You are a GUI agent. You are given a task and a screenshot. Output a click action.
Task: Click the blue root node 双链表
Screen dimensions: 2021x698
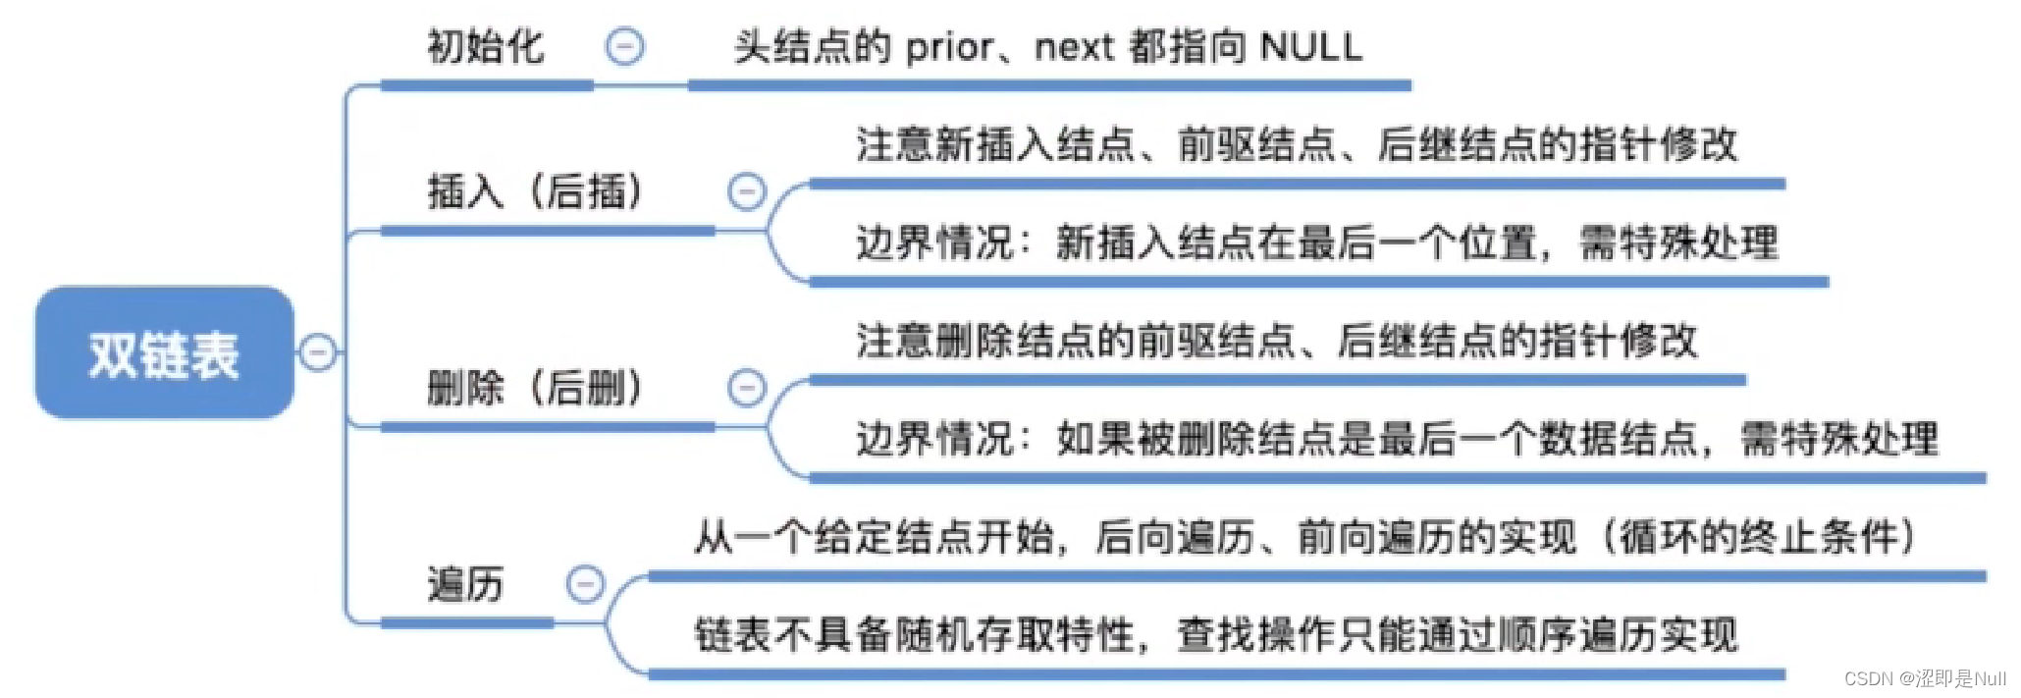coord(164,353)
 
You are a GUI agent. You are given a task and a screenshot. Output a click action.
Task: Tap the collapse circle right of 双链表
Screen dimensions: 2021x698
coord(317,352)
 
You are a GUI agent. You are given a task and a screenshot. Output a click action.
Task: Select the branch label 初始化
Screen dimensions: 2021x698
coord(485,47)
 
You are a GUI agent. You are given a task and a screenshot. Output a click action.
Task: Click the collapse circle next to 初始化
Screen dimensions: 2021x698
coord(624,46)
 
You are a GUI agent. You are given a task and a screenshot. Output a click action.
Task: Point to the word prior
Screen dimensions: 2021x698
coord(948,47)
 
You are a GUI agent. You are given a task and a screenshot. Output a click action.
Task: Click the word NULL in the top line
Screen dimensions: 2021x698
coord(1310,47)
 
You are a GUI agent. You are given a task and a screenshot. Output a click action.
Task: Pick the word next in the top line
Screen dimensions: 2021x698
coord(1074,47)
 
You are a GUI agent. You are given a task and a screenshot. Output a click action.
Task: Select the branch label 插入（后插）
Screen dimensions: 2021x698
coord(536,191)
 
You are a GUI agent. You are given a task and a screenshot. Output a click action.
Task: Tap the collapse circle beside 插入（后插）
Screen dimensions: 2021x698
coord(746,191)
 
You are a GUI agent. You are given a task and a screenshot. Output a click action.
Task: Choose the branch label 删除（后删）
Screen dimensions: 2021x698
coord(536,388)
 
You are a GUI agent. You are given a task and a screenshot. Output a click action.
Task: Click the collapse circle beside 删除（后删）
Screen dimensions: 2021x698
coord(746,388)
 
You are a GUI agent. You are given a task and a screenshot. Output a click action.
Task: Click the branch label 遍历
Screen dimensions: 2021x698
coord(465,584)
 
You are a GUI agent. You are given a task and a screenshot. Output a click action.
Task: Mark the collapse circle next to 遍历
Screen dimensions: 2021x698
coord(585,584)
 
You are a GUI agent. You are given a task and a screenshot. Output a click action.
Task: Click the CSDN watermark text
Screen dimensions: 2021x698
coord(1924,678)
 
